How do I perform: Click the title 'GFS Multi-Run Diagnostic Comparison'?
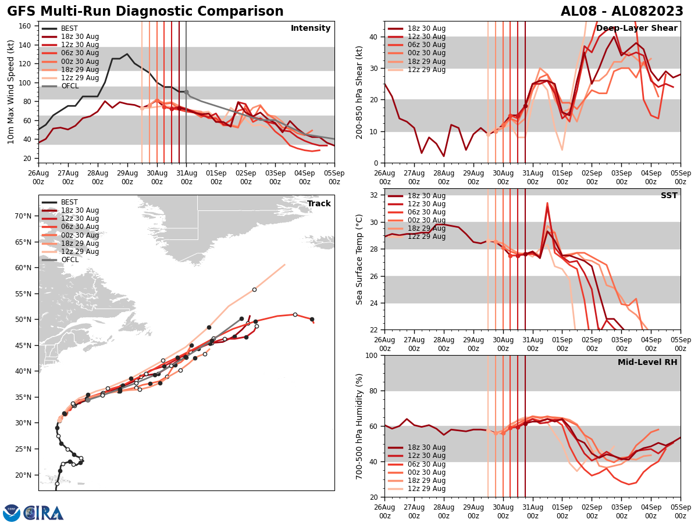pos(145,12)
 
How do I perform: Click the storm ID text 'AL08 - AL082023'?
pos(622,12)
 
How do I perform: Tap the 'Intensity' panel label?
pos(311,28)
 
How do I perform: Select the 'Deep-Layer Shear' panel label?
pos(636,28)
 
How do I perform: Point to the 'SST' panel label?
pos(668,196)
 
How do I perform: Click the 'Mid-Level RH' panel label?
pos(647,363)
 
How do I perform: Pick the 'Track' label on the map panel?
pos(319,204)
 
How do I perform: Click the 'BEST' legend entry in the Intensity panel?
pos(69,28)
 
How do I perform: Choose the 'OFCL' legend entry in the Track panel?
pos(70,260)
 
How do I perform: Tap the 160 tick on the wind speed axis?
pos(26,26)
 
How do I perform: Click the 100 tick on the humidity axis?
pos(372,355)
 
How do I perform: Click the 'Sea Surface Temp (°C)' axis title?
pos(359,259)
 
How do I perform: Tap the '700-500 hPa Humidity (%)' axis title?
pos(359,426)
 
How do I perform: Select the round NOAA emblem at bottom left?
pos(11,513)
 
